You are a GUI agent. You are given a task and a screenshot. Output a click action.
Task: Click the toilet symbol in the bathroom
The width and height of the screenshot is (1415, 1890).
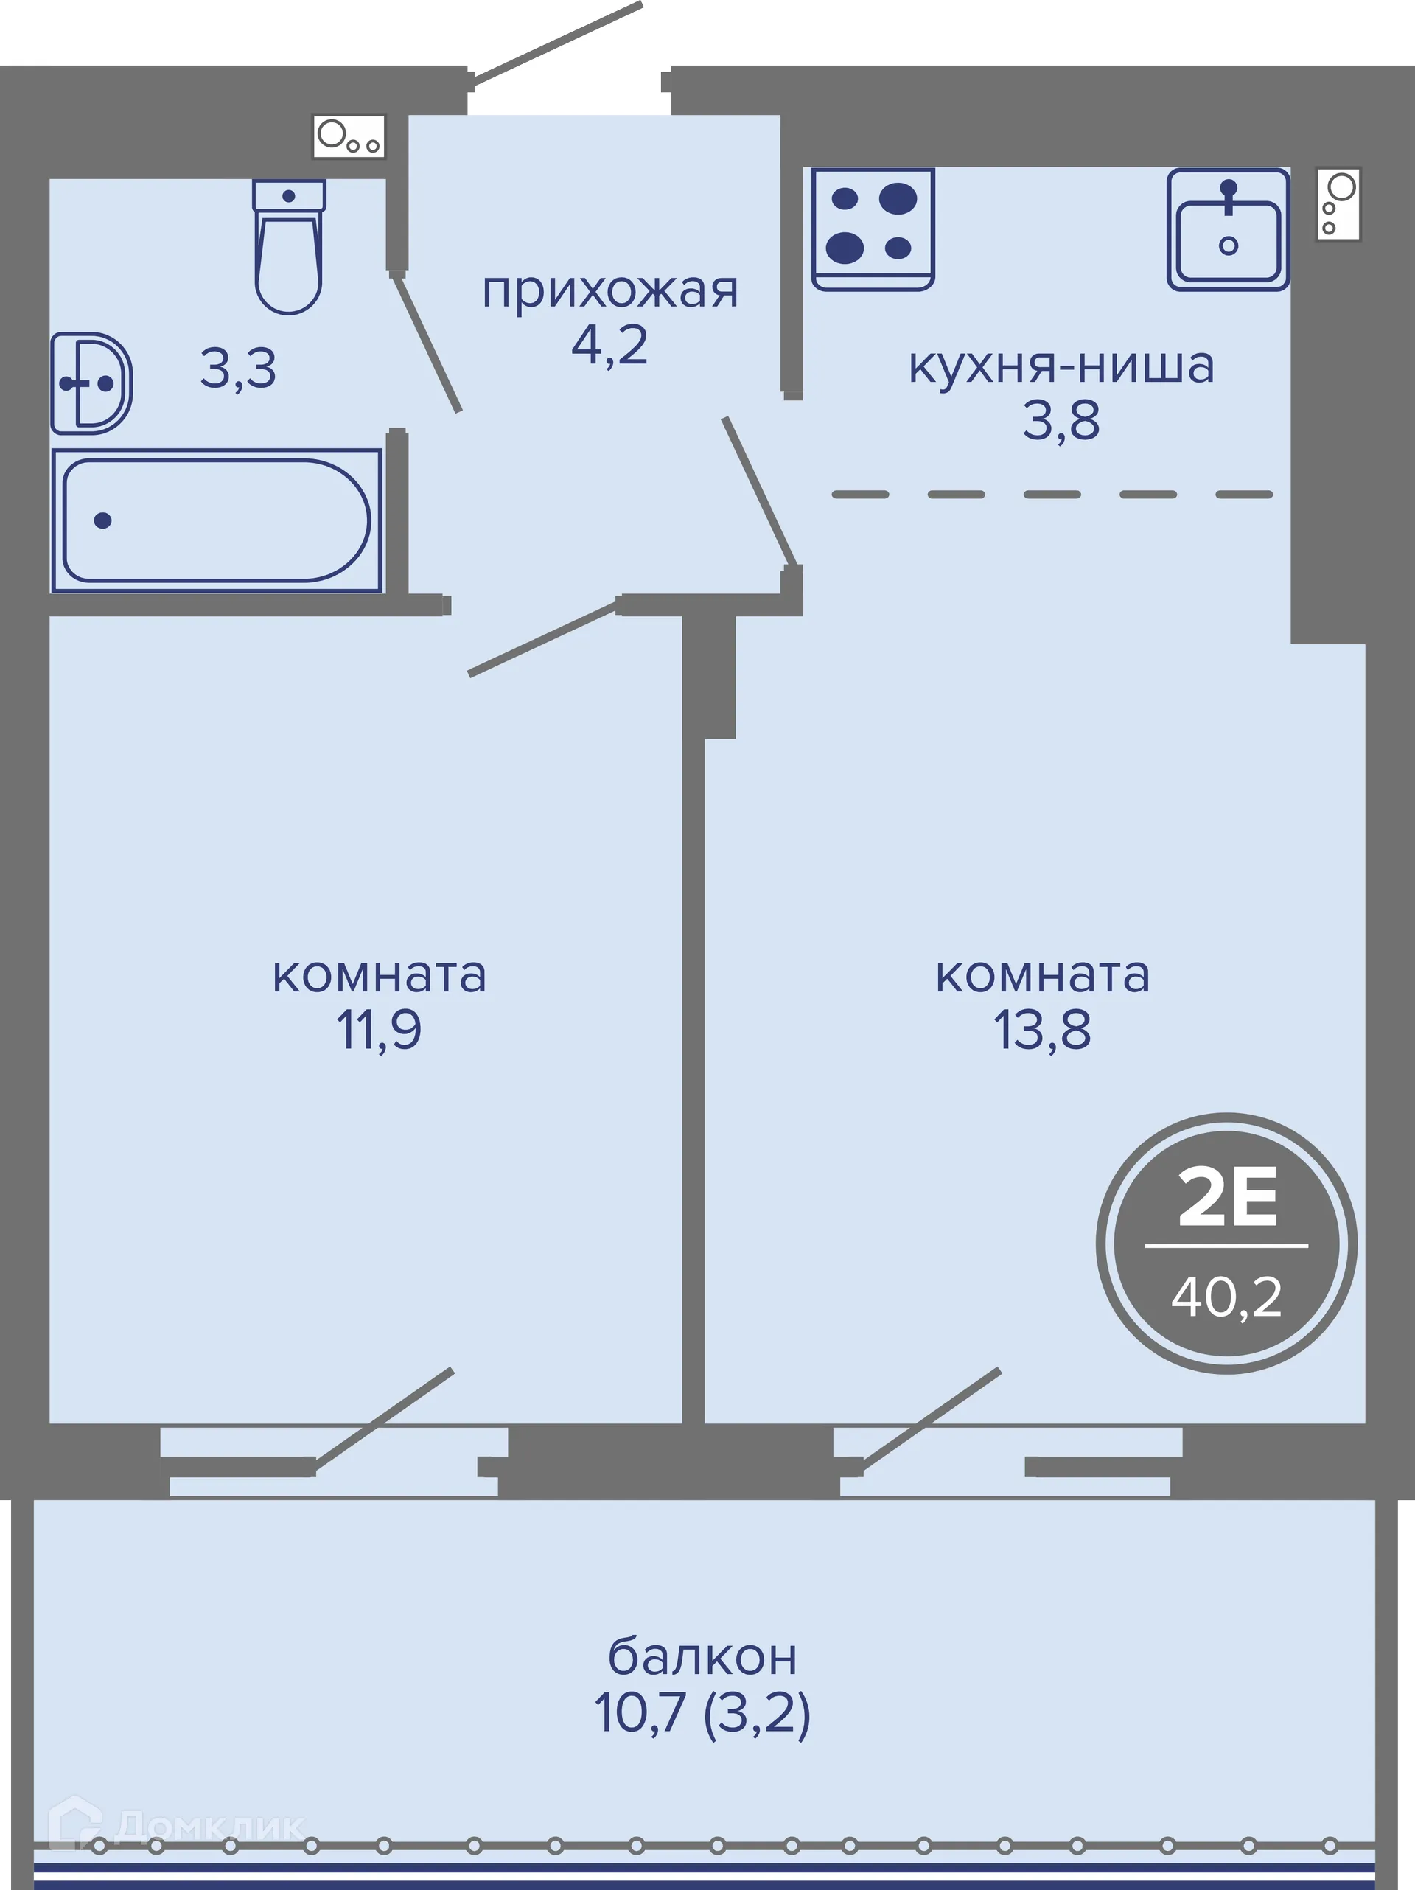(289, 248)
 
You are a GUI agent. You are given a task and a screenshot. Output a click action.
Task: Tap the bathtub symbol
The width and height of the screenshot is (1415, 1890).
(216, 520)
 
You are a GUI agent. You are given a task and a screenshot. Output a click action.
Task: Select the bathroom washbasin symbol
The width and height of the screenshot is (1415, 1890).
(91, 383)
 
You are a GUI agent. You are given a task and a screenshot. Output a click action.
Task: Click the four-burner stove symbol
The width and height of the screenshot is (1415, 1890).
(873, 227)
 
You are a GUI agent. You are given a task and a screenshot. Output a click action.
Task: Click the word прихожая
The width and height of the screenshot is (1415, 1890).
(609, 290)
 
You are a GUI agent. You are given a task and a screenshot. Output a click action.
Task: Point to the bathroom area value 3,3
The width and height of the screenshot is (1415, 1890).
(238, 369)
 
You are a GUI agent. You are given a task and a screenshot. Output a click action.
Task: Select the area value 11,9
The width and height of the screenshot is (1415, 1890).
(379, 1030)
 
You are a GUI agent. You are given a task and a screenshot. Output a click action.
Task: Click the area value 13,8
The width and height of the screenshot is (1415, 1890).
(1041, 1030)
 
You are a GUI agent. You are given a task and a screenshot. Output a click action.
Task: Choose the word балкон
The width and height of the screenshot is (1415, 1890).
(702, 1657)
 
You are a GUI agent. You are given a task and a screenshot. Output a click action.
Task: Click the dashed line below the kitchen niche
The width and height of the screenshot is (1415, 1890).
(1052, 495)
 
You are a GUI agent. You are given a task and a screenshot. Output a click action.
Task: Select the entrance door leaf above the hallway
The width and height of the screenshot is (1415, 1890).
(556, 43)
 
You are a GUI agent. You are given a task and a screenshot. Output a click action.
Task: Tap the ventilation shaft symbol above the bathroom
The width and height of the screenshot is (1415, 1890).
(349, 136)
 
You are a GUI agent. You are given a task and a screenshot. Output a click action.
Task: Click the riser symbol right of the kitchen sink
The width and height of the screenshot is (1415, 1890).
(1337, 204)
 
